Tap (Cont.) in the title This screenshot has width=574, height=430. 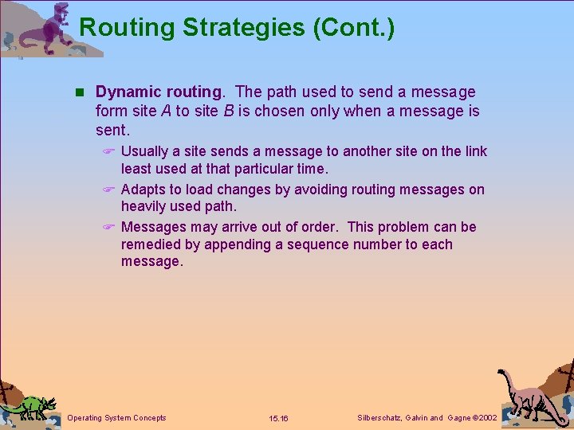tap(354, 28)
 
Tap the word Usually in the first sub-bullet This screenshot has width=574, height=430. tap(144, 151)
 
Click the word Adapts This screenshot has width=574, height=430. tap(143, 190)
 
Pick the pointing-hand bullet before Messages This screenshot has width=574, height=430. tap(110, 228)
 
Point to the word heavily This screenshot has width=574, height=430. tap(144, 207)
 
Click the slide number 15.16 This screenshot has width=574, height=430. tap(279, 418)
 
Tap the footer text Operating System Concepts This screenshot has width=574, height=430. tap(117, 418)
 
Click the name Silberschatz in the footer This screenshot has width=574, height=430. tap(380, 418)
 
